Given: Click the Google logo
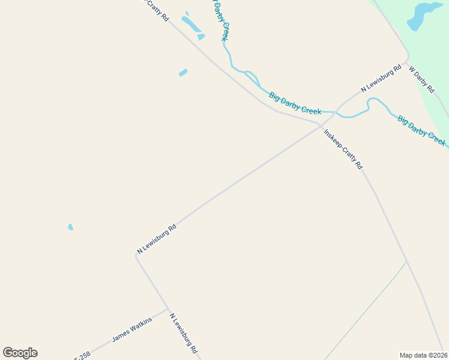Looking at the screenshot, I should (x=20, y=353).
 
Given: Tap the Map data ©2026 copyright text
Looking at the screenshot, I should (x=424, y=355).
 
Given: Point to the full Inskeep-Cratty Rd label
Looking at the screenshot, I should (x=343, y=149).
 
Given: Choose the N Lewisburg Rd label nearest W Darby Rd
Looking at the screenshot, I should (x=381, y=80).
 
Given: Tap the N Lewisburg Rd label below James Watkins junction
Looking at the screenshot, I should (x=183, y=334).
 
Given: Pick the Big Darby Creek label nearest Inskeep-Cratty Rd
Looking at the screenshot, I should (x=295, y=103).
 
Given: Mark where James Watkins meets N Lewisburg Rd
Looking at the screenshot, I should (x=167, y=310).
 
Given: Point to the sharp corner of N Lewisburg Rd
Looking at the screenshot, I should (x=136, y=254).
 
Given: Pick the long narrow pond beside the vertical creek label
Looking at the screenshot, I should (x=191, y=24).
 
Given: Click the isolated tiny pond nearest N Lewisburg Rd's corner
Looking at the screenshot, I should (x=70, y=227).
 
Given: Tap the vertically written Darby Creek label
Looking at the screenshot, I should (x=220, y=19).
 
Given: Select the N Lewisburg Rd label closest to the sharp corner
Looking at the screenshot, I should (x=157, y=239).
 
